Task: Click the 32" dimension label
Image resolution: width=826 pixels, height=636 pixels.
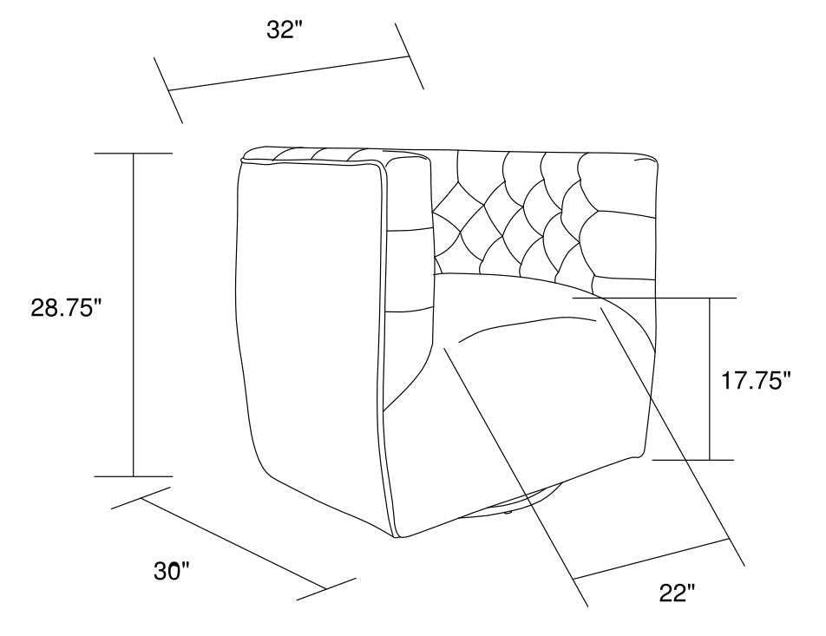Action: coord(286,30)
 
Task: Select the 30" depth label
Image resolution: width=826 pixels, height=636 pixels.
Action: coord(172,571)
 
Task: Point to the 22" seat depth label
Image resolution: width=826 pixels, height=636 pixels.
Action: coord(676,594)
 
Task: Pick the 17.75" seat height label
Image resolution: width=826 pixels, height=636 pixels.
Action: coord(756,380)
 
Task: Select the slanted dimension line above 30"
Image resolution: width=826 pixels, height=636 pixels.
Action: coord(233,543)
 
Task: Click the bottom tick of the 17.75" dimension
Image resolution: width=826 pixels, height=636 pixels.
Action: coord(694,459)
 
